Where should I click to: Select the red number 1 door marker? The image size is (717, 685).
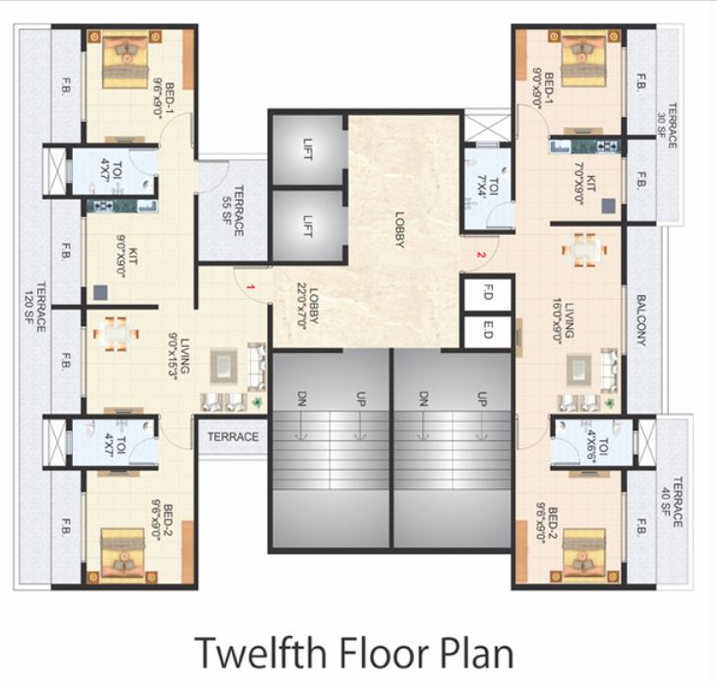(x=252, y=286)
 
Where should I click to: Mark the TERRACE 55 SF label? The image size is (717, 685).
(x=232, y=209)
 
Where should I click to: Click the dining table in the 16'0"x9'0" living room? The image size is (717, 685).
(x=585, y=250)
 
